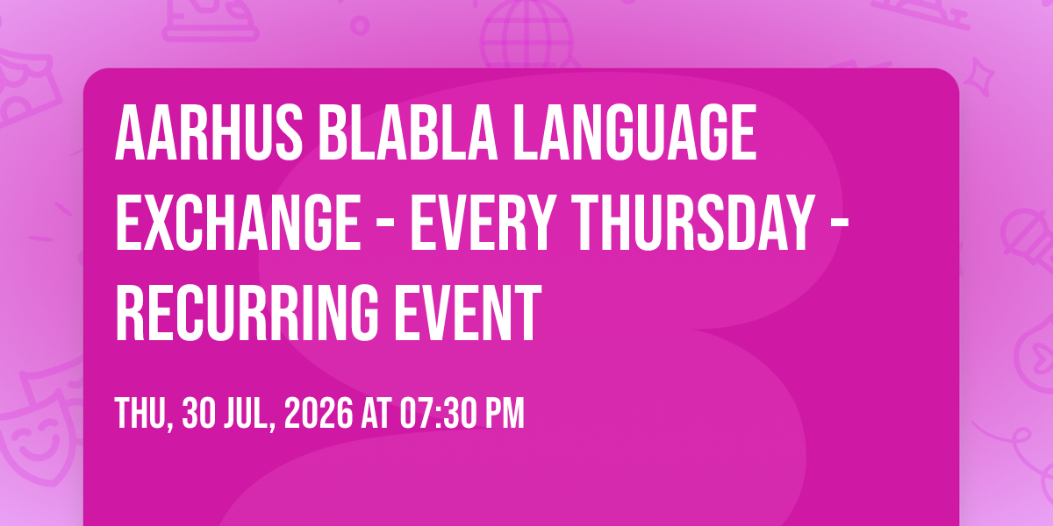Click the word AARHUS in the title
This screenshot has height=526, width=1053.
(x=209, y=133)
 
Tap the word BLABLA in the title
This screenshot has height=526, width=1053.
(x=408, y=133)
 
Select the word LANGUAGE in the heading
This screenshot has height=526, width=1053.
(x=634, y=133)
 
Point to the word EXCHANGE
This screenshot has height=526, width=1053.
(x=238, y=223)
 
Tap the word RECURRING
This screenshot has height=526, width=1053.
(x=247, y=312)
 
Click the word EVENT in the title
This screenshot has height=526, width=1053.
(x=468, y=312)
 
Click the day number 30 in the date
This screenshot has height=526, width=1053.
(x=199, y=413)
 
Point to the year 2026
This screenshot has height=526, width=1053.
(x=319, y=413)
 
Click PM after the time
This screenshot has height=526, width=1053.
(x=505, y=413)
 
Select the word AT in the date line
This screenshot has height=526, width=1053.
(x=376, y=413)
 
